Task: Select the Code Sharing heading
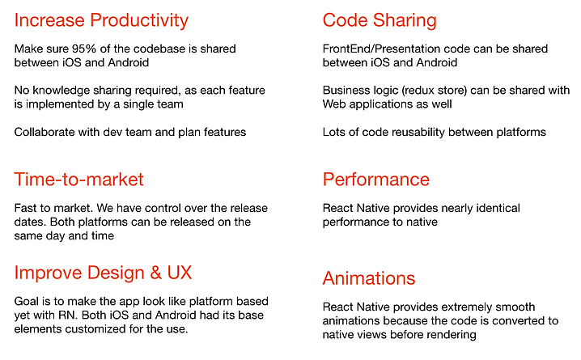380,20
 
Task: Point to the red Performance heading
376,179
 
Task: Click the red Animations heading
369,278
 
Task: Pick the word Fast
27,208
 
